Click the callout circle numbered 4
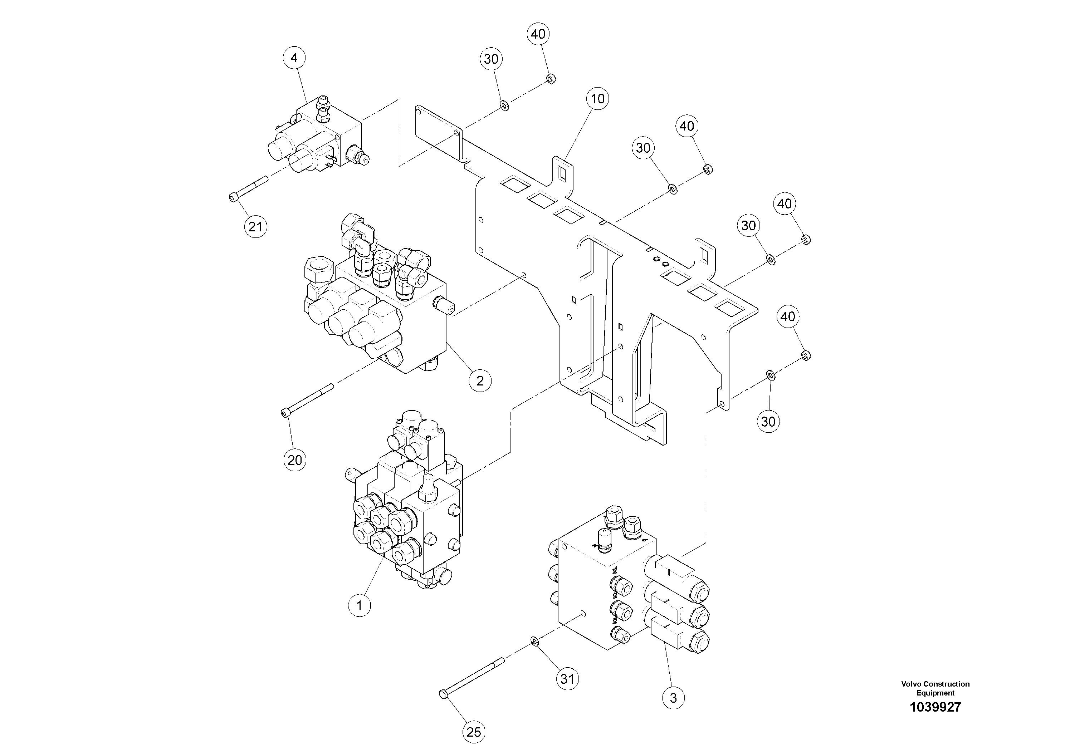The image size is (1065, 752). pyautogui.click(x=294, y=58)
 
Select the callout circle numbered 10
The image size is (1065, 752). pyautogui.click(x=597, y=99)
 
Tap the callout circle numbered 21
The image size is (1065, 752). pyautogui.click(x=255, y=227)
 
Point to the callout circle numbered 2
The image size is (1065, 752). pyautogui.click(x=480, y=380)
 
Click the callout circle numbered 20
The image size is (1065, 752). pyautogui.click(x=294, y=460)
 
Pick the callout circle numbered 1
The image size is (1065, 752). pyautogui.click(x=360, y=605)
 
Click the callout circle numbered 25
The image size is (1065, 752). pyautogui.click(x=474, y=732)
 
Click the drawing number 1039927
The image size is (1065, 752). pyautogui.click(x=935, y=707)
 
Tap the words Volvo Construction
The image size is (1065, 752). pyautogui.click(x=935, y=684)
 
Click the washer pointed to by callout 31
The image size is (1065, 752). pyautogui.click(x=534, y=641)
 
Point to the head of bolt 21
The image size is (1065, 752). pyautogui.click(x=233, y=198)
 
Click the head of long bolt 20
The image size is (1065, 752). pyautogui.click(x=285, y=413)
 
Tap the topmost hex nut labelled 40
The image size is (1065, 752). pyautogui.click(x=551, y=79)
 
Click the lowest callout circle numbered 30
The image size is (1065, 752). pyautogui.click(x=768, y=422)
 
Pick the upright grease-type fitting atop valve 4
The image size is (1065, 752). pyautogui.click(x=322, y=102)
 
